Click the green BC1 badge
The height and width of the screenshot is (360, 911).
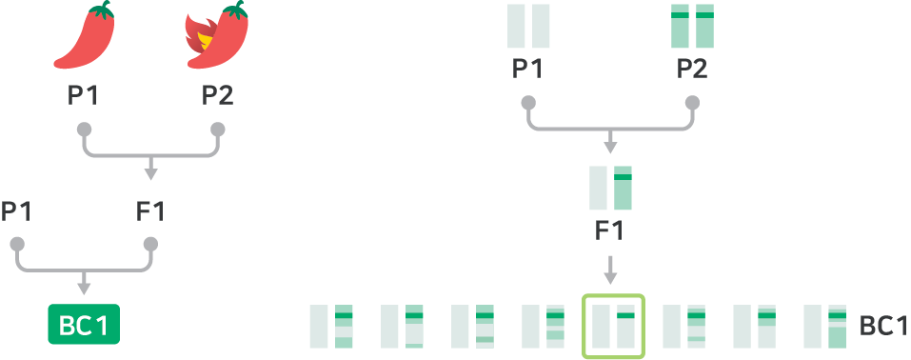[84, 324]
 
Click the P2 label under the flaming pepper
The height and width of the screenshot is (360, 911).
[217, 96]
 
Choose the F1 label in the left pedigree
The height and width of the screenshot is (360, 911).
[150, 211]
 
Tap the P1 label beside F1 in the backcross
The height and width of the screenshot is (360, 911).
[15, 211]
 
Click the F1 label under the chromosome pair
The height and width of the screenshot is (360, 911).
[609, 230]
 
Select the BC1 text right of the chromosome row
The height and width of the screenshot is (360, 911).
[883, 327]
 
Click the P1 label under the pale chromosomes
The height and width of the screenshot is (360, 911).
[527, 69]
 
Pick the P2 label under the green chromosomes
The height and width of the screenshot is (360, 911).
[692, 69]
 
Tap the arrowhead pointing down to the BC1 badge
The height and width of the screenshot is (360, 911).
[84, 288]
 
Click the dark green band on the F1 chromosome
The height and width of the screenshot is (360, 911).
[623, 177]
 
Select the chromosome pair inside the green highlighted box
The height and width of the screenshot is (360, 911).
[613, 326]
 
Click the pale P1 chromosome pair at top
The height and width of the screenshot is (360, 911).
[528, 26]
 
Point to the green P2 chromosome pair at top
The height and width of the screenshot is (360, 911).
[692, 26]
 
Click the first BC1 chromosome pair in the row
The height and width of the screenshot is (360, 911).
[331, 326]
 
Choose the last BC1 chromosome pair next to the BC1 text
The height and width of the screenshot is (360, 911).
[825, 326]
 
